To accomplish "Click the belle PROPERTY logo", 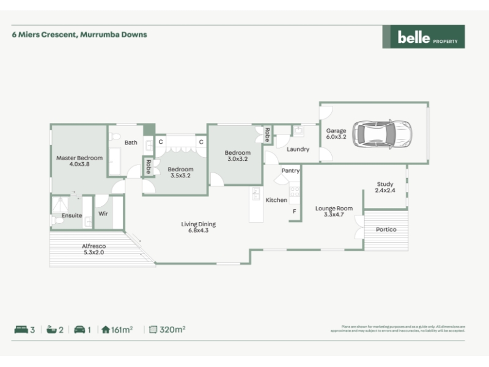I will pos(423,37).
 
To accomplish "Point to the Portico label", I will pos(386,229).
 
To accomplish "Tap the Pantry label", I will pos(290,171).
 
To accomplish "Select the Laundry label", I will pos(298,149).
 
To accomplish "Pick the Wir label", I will pos(103,214).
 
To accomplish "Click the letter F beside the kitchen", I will pos(294,212).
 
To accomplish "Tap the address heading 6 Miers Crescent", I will pos(79,34).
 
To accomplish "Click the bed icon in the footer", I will pos(21,330).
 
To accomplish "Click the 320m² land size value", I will pos(172,330).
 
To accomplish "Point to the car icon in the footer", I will pos(79,330).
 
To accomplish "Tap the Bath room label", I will pos(131,143).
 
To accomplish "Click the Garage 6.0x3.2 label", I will pos(336,133).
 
